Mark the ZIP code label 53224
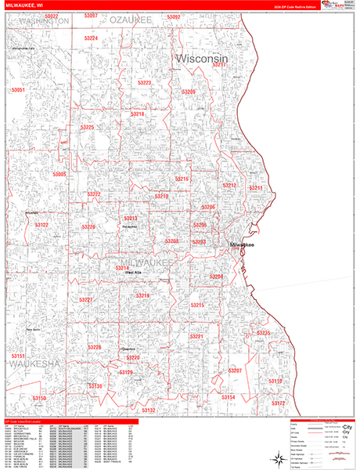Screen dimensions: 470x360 [92, 38]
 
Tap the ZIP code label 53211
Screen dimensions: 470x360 [257, 189]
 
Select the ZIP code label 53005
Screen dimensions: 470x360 [60, 173]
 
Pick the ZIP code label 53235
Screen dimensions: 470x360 [264, 334]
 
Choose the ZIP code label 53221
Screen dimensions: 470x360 [196, 337]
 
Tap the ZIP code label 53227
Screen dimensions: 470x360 [86, 300]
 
